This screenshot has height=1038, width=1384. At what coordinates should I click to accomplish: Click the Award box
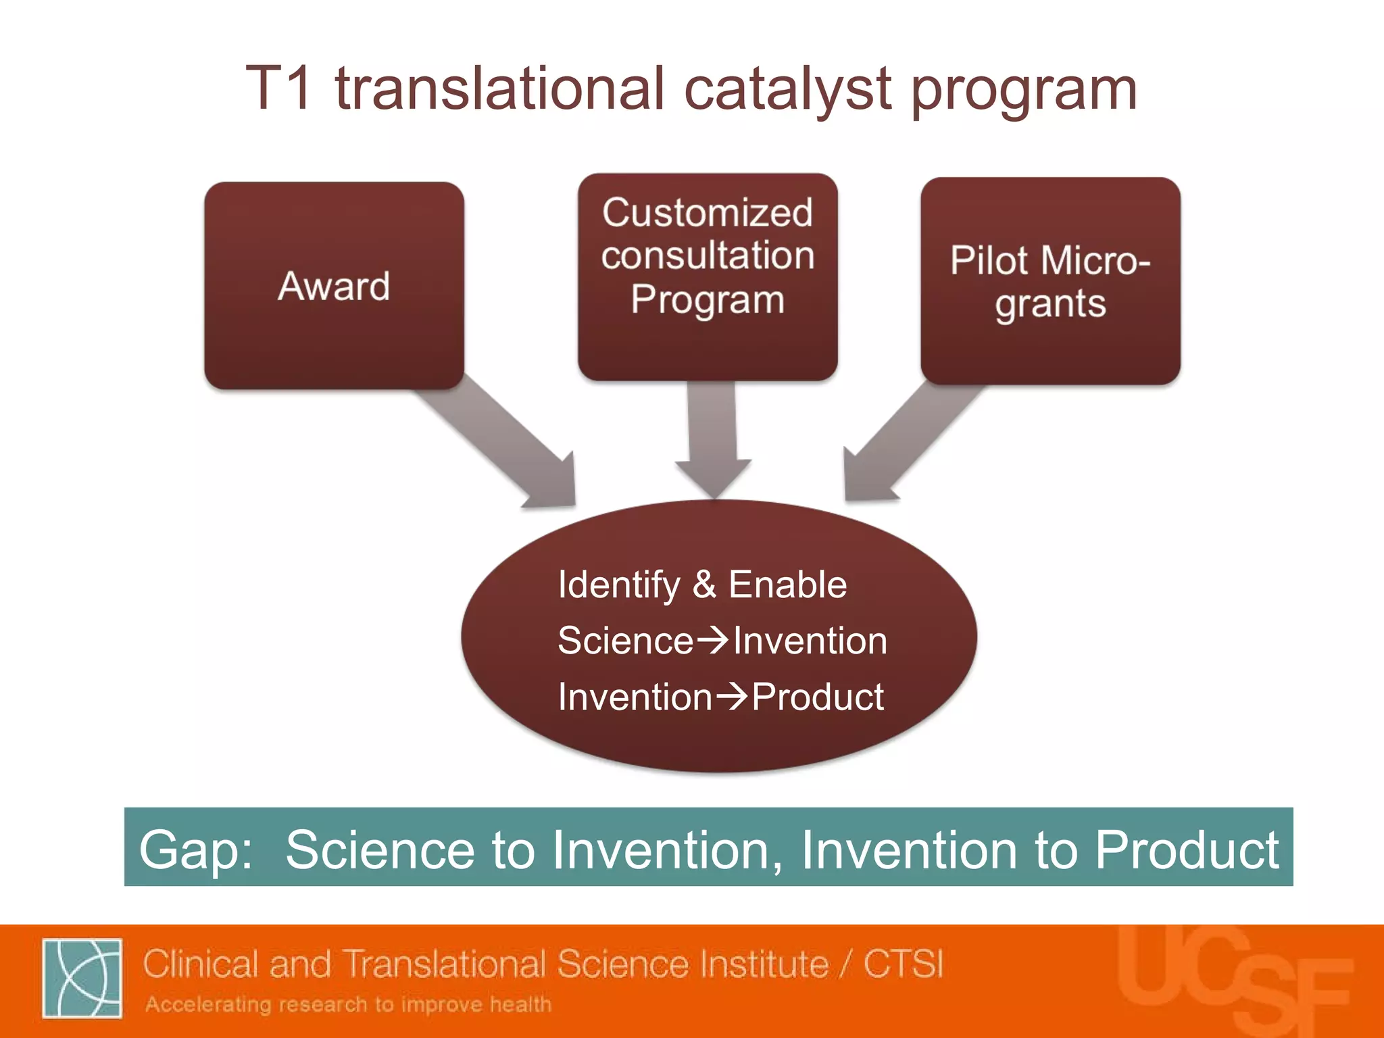tap(334, 285)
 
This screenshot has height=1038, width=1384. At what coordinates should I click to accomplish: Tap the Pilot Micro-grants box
tap(1050, 281)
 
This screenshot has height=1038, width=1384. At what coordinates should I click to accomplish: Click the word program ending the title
tap(1023, 91)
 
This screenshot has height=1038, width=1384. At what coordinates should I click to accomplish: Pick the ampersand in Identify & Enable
tap(703, 585)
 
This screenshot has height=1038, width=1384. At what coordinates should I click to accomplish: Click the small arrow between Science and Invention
tap(712, 640)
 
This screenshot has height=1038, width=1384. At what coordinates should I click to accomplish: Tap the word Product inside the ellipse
tap(818, 697)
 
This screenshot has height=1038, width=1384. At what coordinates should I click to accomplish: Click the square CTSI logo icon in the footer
tap(82, 978)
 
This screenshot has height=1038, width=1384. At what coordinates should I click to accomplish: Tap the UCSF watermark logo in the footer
tap(1233, 980)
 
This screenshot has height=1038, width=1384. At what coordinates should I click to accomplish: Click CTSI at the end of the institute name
tap(903, 964)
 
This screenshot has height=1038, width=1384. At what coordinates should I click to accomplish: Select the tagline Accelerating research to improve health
tap(348, 1004)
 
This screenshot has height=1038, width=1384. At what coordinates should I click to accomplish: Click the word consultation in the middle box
tap(708, 255)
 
